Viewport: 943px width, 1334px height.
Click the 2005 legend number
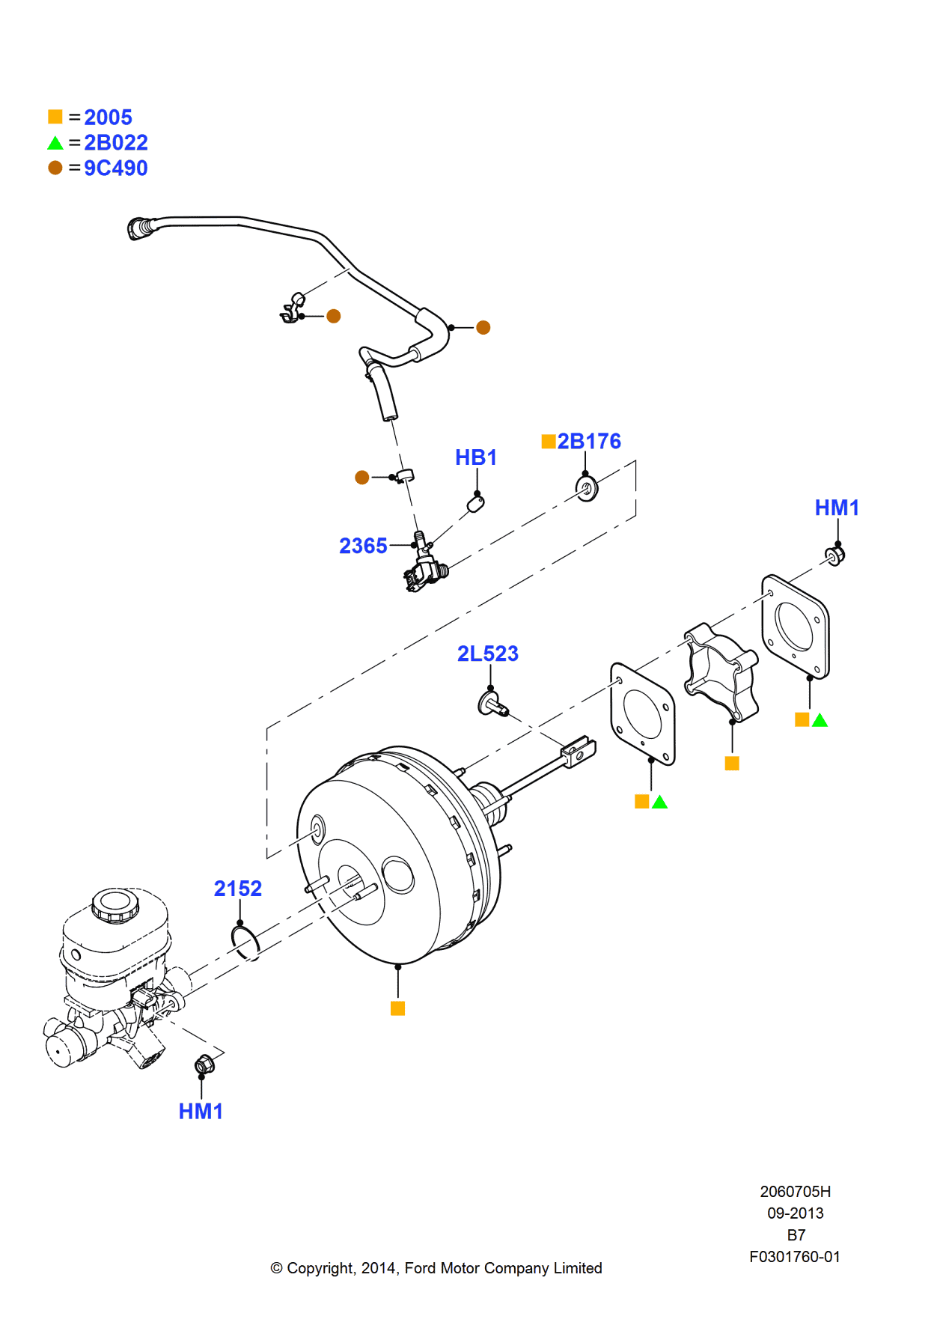[108, 118]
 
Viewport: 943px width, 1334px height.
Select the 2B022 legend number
[115, 143]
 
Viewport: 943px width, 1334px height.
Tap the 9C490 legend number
[115, 168]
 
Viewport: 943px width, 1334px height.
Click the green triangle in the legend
[55, 143]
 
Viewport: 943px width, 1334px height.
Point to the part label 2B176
[589, 442]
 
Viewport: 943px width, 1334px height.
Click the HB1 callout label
[476, 457]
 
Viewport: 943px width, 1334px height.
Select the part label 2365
[363, 546]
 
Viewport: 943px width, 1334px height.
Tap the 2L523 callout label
[488, 654]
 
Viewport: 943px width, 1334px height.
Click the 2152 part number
[238, 889]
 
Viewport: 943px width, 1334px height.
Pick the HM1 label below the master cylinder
[201, 1112]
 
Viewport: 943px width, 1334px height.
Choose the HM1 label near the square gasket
[837, 508]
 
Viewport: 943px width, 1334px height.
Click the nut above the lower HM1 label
[204, 1064]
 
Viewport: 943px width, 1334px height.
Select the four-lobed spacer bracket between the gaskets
[720, 671]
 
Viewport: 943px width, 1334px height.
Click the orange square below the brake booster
[398, 1008]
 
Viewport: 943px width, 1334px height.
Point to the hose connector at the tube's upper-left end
[140, 228]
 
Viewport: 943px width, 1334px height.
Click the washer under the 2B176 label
[587, 489]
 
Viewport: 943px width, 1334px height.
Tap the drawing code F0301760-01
[795, 1257]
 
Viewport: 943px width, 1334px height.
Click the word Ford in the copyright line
[421, 1268]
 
